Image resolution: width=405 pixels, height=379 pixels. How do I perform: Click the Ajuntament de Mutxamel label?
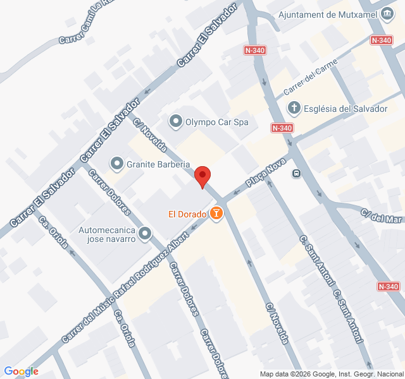[x=328, y=15]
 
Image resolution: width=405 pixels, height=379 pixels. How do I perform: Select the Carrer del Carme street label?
[x=315, y=79]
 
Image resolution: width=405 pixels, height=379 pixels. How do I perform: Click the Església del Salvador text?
[x=346, y=109]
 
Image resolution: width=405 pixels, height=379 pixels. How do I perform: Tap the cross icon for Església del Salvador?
[x=294, y=109]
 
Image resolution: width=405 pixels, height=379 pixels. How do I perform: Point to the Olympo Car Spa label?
[x=216, y=121]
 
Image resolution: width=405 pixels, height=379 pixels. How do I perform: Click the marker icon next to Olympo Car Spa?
[x=175, y=121]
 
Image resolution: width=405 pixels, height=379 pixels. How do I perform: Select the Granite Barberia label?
[x=158, y=164]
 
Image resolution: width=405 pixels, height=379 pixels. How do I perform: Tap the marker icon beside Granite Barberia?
[x=116, y=164]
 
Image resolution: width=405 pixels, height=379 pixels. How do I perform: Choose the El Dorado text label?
[x=187, y=214]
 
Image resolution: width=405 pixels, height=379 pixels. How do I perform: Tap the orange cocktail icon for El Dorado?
[x=216, y=214]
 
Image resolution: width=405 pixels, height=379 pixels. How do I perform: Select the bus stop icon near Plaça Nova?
[x=296, y=173]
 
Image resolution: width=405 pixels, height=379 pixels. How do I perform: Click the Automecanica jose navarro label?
[x=107, y=235]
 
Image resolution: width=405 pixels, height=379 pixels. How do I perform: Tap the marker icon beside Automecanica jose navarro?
[x=145, y=234]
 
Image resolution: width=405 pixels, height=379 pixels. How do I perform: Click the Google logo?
[x=21, y=371]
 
